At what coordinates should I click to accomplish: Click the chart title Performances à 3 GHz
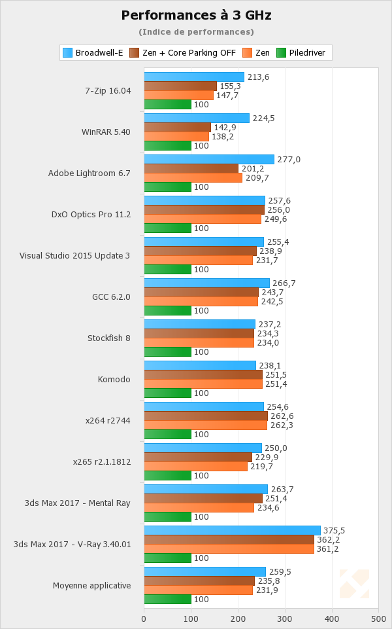(196, 14)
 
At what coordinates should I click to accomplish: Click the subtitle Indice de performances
(196, 31)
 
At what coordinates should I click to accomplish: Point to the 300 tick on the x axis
(285, 617)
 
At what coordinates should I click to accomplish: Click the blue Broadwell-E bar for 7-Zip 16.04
(193, 77)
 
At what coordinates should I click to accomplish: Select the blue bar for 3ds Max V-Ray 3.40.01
(232, 530)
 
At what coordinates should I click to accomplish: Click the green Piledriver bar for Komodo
(167, 393)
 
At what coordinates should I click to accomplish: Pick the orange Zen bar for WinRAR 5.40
(176, 136)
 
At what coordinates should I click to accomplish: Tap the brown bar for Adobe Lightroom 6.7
(191, 168)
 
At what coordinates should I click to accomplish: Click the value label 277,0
(288, 159)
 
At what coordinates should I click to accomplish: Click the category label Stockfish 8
(109, 338)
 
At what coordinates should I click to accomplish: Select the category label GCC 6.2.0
(111, 297)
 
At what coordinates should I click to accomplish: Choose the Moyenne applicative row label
(91, 585)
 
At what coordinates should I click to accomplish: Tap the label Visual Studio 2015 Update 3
(74, 255)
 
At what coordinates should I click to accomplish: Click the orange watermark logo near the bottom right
(354, 584)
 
